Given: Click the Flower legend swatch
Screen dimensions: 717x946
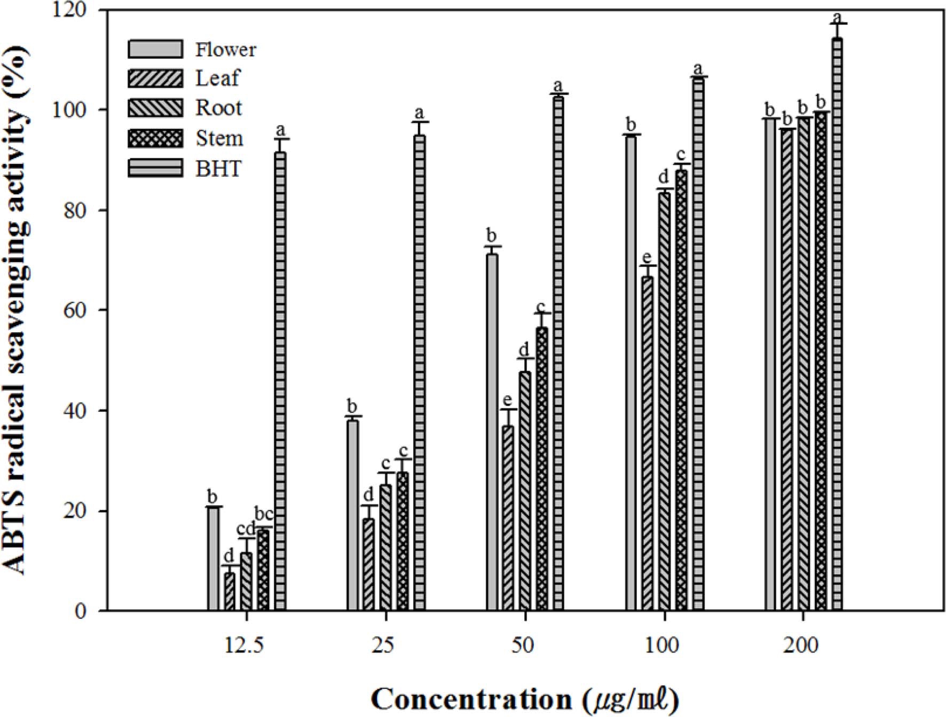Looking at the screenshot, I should point(155,49).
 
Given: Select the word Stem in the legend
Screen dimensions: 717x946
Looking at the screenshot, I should point(219,138).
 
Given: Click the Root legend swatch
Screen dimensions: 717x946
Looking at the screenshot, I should point(155,108).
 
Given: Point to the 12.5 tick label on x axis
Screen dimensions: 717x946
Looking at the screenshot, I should point(244,645).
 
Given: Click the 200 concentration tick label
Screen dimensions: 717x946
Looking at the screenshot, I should point(801,645).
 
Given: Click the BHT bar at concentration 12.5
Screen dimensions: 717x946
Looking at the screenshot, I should point(280,382).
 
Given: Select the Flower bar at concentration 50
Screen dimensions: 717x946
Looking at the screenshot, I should point(492,432).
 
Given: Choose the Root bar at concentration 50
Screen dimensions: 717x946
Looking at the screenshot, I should point(525,491).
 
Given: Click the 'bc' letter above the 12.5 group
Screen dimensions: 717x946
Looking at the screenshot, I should point(263,515).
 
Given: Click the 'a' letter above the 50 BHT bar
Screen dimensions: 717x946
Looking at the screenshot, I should point(558,85).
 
